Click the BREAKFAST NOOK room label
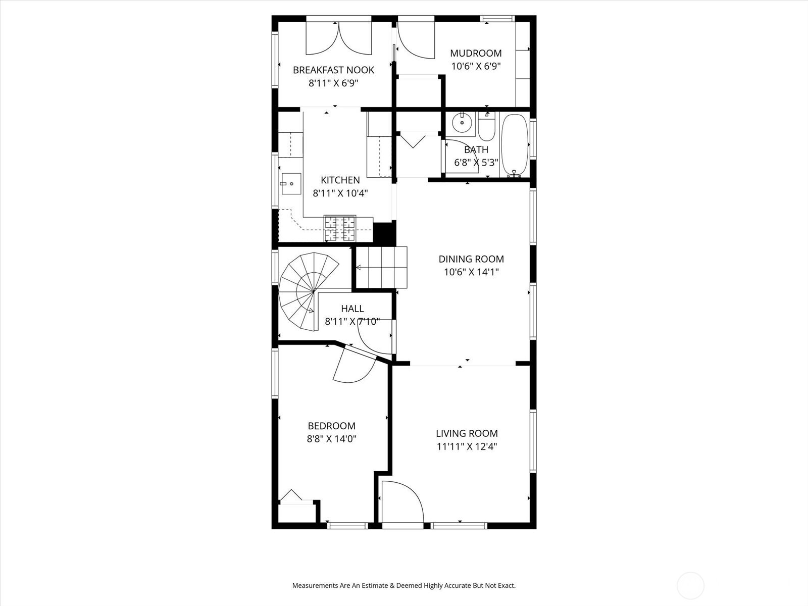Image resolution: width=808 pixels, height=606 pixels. point(333,70)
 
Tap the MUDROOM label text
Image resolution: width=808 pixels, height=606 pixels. point(476,53)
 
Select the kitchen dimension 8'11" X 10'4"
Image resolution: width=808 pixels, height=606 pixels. point(340,193)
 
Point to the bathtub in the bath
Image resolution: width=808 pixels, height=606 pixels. point(515,144)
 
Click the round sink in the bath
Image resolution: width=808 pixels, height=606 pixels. point(462,123)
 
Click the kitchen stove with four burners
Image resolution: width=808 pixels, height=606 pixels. point(340,228)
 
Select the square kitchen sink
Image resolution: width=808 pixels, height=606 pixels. point(291,184)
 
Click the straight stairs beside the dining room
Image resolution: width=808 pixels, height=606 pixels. point(382,267)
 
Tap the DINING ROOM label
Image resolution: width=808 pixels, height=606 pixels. point(471,259)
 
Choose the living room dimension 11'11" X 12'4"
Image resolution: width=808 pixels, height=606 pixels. point(467,446)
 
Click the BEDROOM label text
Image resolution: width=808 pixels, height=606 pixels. point(331,426)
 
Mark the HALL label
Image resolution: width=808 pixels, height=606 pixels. point(352,309)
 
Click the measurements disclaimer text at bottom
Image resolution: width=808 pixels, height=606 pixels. point(404,586)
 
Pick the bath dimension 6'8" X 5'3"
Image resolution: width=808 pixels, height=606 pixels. point(476,163)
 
